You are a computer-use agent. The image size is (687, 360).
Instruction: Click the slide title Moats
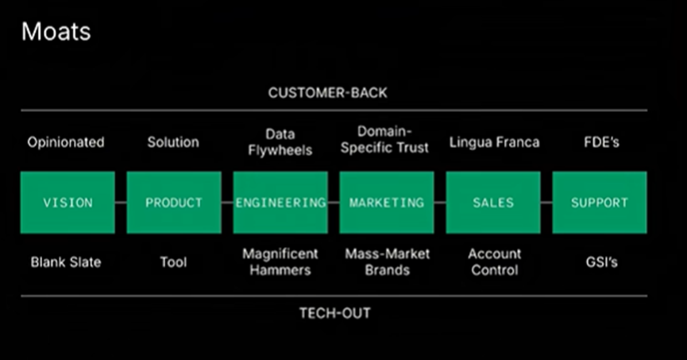click(x=56, y=32)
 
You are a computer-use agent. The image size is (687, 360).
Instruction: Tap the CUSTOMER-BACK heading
click(x=328, y=92)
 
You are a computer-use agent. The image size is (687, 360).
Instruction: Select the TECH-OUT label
click(x=334, y=313)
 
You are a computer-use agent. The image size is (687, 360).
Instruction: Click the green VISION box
click(x=68, y=202)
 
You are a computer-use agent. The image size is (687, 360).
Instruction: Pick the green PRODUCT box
click(x=174, y=202)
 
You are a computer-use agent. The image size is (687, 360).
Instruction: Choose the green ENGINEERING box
click(x=280, y=202)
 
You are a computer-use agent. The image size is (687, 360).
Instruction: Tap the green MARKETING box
click(x=387, y=202)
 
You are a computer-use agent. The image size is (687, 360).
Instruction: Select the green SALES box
click(x=493, y=202)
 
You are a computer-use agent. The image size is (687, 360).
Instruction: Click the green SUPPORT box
click(x=600, y=202)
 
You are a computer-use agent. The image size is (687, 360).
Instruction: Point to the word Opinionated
click(x=66, y=142)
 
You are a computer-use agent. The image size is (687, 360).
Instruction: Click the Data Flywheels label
click(x=280, y=141)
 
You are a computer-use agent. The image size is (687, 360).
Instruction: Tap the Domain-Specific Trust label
click(x=384, y=139)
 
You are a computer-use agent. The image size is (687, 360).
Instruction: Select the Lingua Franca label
click(x=494, y=142)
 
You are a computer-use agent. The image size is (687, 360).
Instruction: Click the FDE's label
click(x=601, y=142)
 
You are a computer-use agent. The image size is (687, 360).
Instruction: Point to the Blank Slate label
click(x=66, y=262)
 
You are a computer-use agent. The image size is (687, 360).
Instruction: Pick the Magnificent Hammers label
click(x=280, y=261)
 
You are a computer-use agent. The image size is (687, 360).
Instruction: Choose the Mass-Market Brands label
click(x=388, y=261)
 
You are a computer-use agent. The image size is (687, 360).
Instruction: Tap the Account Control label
click(x=495, y=261)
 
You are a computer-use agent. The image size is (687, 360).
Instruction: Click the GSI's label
click(x=601, y=262)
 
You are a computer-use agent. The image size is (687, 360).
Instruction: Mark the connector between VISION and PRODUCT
click(x=121, y=203)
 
